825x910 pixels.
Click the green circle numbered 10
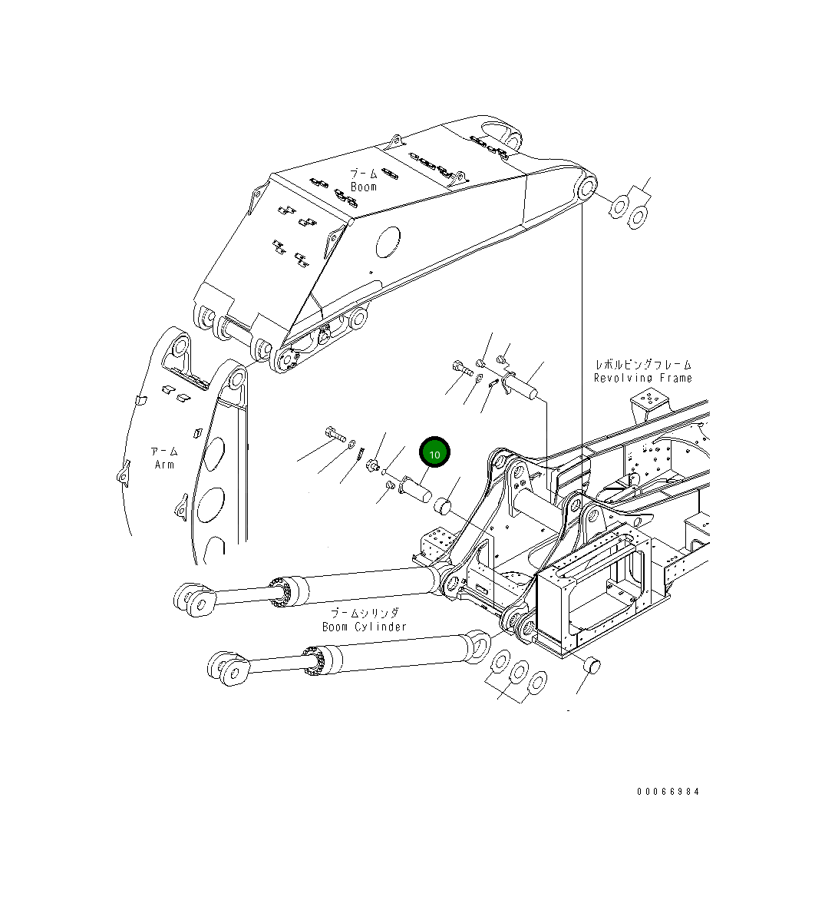click(434, 454)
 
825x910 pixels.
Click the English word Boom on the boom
click(364, 187)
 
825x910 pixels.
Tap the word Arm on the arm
click(164, 465)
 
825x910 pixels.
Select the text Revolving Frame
click(642, 378)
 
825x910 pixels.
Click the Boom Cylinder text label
click(365, 627)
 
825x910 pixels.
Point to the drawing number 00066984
click(668, 792)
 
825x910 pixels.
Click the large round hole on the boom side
click(389, 241)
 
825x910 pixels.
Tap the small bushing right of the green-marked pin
click(442, 506)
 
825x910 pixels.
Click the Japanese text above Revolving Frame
click(642, 365)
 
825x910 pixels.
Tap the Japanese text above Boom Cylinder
click(365, 614)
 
